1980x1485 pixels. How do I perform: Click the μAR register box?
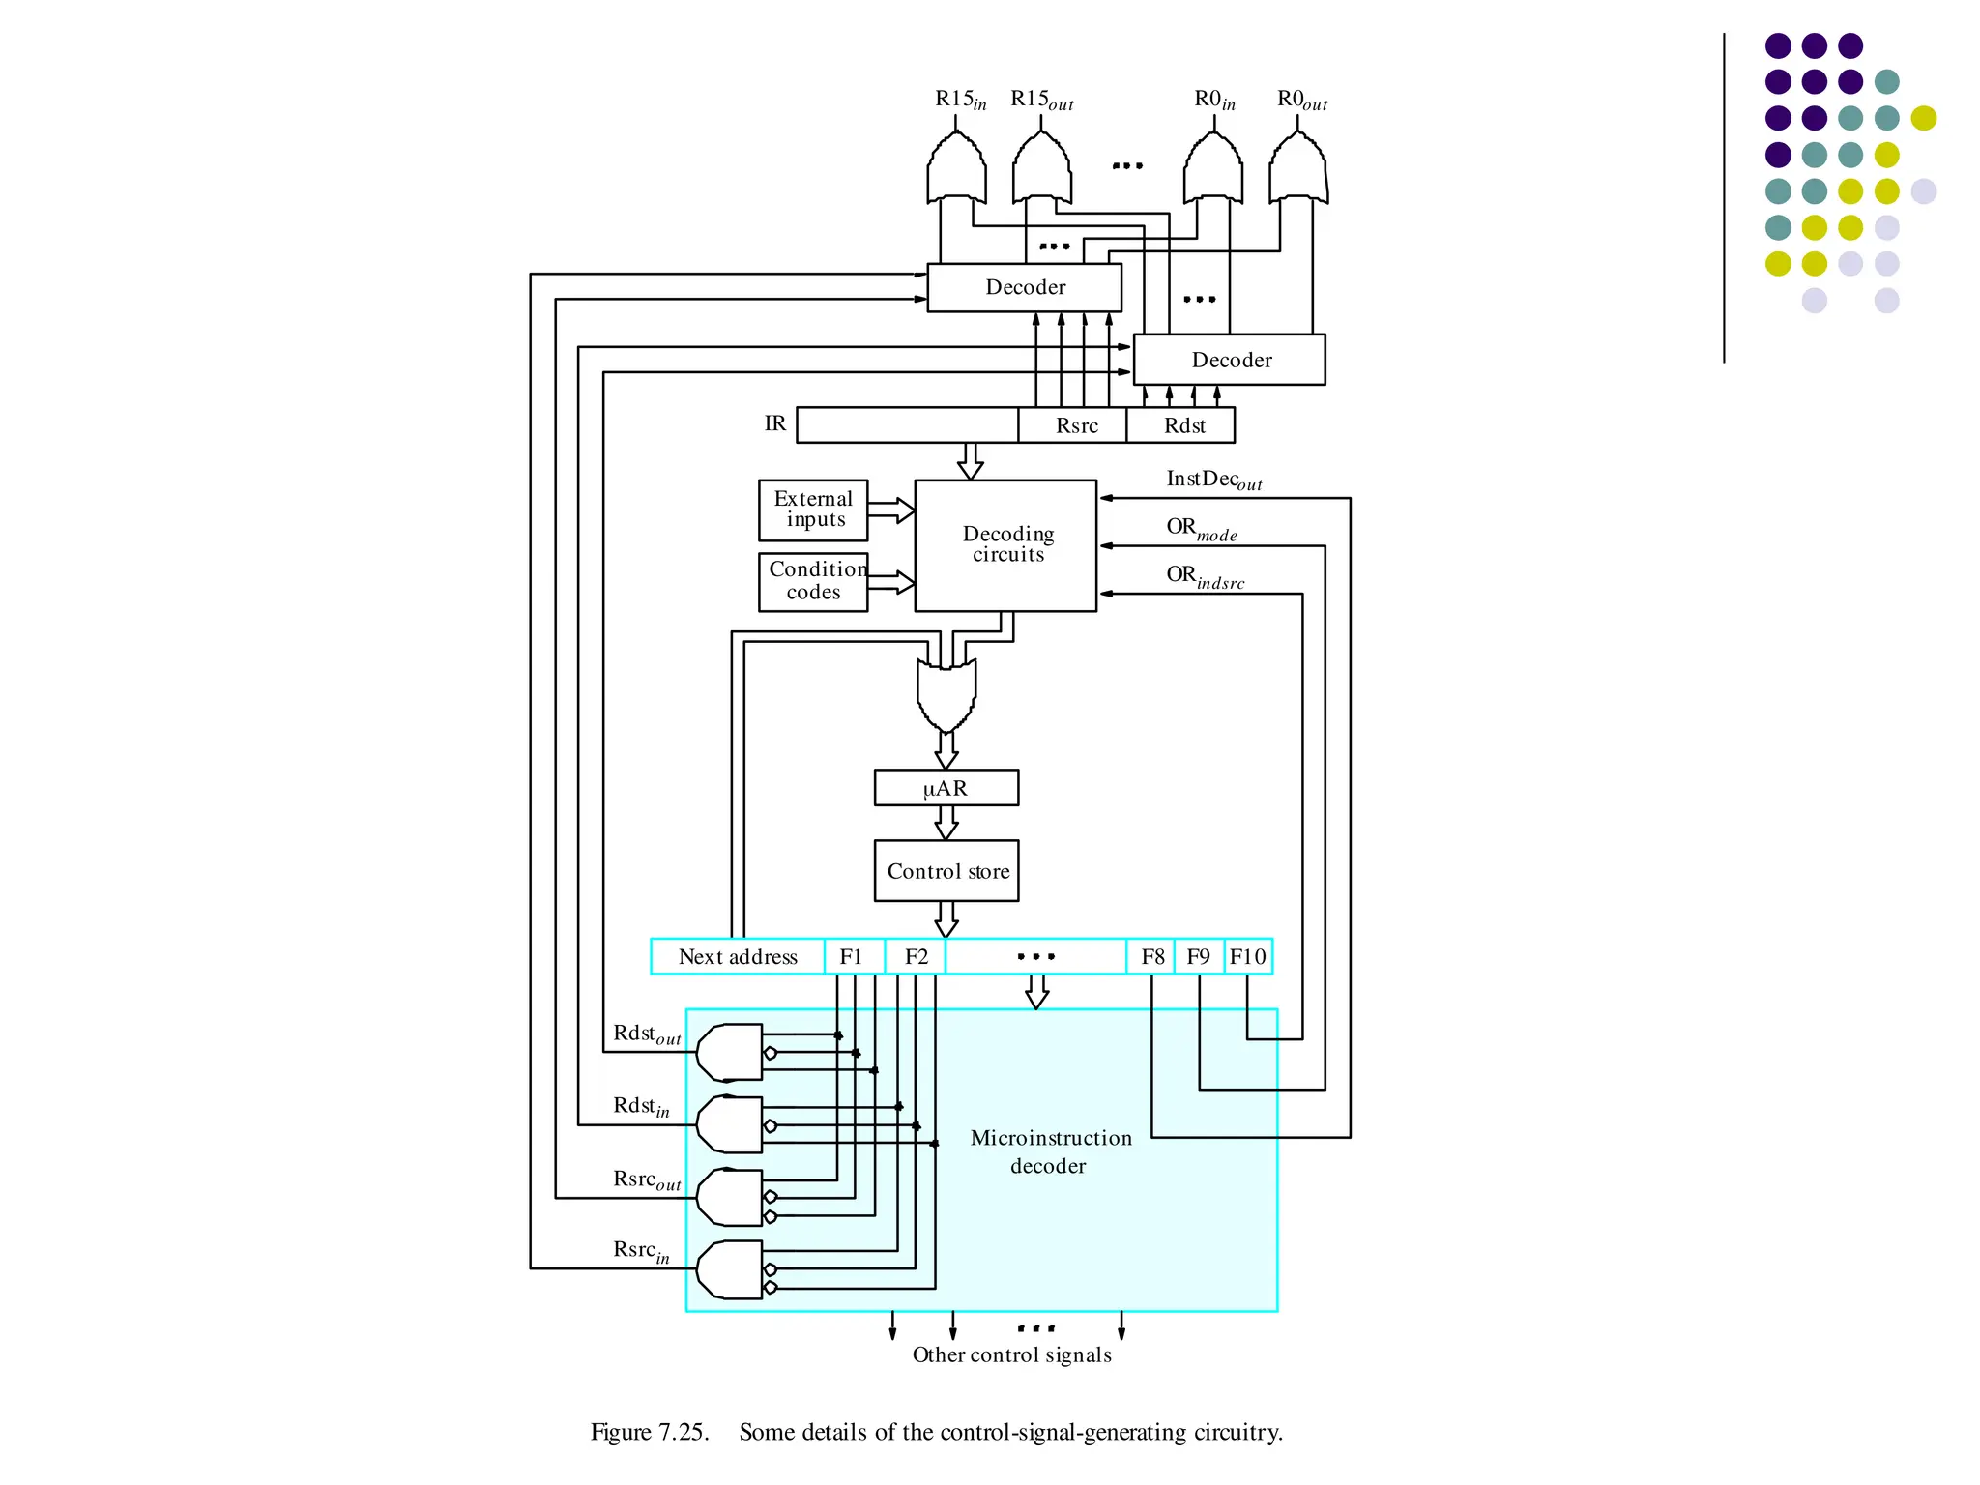click(x=946, y=788)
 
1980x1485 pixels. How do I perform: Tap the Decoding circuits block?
click(x=1005, y=545)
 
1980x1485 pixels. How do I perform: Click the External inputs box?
click(x=813, y=510)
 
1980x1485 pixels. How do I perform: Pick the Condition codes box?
click(x=813, y=581)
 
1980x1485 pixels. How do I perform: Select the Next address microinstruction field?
click(x=738, y=956)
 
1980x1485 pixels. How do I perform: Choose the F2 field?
click(x=916, y=956)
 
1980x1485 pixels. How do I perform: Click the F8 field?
click(x=1150, y=956)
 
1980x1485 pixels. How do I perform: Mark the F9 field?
click(x=1199, y=956)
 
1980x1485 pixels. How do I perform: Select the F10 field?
click(x=1248, y=956)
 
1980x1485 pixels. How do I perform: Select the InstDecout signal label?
click(x=1213, y=480)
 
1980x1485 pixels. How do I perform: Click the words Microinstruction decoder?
click(x=1050, y=1151)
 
